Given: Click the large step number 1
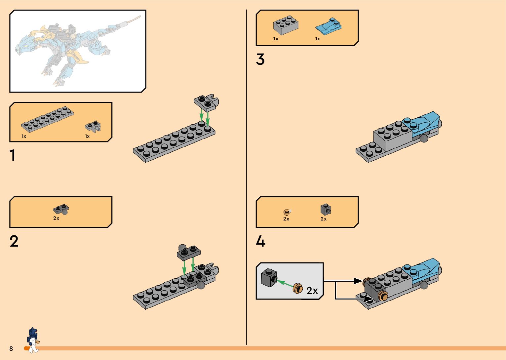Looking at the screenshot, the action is (13, 155).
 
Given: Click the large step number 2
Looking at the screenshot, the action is (14, 241).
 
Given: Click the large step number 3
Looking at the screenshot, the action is (260, 59).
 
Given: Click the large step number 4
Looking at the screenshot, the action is (260, 241).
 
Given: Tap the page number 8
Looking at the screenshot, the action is (11, 348).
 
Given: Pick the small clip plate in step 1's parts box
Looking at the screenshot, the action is (93, 127).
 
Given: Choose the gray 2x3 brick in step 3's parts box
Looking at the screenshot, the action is (286, 25).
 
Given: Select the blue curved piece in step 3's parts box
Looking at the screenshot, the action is (329, 26).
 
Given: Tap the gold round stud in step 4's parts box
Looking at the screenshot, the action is (287, 212).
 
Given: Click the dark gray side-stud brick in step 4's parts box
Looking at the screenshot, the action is (326, 210).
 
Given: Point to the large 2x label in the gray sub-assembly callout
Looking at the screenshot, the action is (312, 290).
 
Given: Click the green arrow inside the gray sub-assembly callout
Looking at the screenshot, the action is (285, 284).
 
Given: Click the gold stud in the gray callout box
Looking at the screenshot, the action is (298, 289).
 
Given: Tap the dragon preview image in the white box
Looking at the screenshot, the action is (78, 51).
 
